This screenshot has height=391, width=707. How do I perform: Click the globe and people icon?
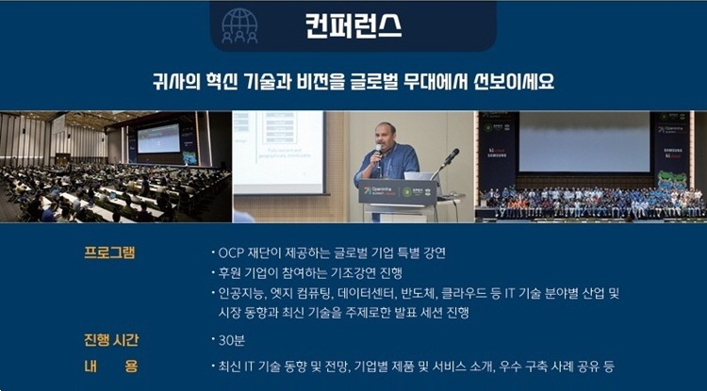pyautogui.click(x=239, y=25)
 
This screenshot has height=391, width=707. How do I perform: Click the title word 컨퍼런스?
pyautogui.click(x=353, y=25)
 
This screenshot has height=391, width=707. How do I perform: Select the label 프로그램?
pyautogui.click(x=109, y=253)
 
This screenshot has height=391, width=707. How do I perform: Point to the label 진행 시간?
pyautogui.click(x=111, y=339)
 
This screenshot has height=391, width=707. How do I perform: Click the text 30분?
pyautogui.click(x=232, y=340)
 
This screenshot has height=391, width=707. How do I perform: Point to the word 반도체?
pyautogui.click(x=418, y=294)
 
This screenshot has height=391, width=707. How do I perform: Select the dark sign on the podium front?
pyautogui.click(x=398, y=192)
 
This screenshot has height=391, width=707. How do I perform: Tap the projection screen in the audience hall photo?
pyautogui.click(x=158, y=138)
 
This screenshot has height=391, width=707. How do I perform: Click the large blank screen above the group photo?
pyautogui.click(x=584, y=142)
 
